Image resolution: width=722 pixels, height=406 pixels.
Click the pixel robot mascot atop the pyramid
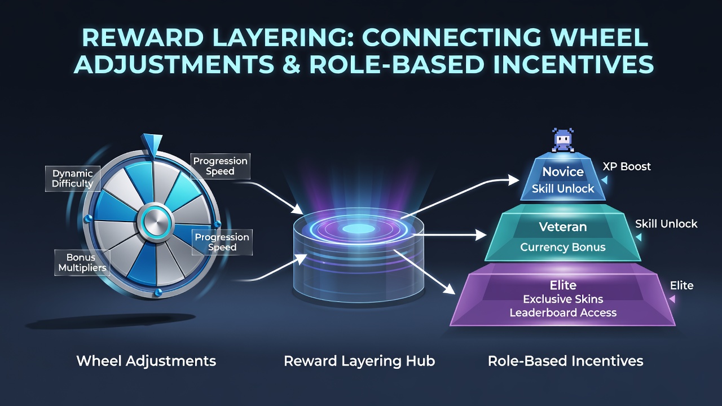pos(563,140)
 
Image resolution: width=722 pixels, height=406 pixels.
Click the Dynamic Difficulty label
pos(73,179)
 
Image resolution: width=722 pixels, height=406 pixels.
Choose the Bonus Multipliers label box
pos(82,263)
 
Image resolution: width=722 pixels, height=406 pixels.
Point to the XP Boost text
pos(627,166)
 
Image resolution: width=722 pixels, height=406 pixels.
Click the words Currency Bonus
pos(563,247)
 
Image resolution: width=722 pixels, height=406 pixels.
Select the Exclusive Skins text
pos(563,299)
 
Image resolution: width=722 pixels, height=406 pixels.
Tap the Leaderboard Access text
pos(563,312)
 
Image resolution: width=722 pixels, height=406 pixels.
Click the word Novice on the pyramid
pos(563,172)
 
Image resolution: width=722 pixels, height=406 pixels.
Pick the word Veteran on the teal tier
pos(563,227)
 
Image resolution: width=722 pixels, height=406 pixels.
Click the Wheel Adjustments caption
pos(146,361)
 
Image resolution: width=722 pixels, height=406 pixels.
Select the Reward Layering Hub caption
pos(359,361)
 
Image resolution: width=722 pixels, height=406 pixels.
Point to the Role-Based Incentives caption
pos(565,361)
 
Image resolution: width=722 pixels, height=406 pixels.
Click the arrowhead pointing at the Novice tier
pos(513,180)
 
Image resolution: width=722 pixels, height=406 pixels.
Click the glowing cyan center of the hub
pos(358,229)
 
